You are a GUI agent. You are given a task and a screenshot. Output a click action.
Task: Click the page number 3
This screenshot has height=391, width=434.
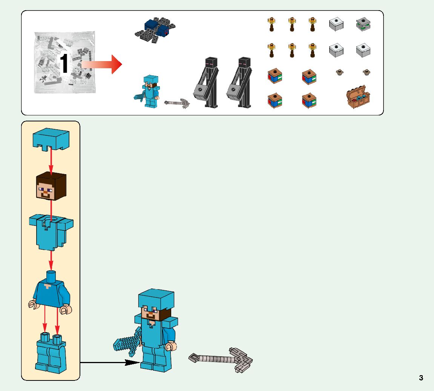[x=421, y=378]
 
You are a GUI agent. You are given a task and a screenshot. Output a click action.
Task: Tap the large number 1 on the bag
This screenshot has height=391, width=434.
[x=64, y=63]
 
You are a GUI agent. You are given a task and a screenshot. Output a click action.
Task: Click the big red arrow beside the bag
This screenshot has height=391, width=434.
[x=102, y=64]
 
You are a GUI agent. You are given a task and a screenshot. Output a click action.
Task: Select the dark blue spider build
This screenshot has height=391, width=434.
[x=155, y=29]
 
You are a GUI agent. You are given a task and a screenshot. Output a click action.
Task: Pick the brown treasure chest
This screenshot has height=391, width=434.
[x=358, y=97]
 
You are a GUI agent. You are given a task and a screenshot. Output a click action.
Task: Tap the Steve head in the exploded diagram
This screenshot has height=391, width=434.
[x=51, y=187]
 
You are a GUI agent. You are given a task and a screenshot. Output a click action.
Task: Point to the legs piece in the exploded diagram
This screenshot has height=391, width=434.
[x=51, y=353]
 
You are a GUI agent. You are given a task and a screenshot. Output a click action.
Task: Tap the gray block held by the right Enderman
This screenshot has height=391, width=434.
[x=235, y=92]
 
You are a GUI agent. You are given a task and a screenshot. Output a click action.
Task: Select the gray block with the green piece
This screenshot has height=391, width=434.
[x=363, y=25]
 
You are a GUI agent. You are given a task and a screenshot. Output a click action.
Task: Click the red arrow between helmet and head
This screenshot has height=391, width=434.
[x=51, y=160]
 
